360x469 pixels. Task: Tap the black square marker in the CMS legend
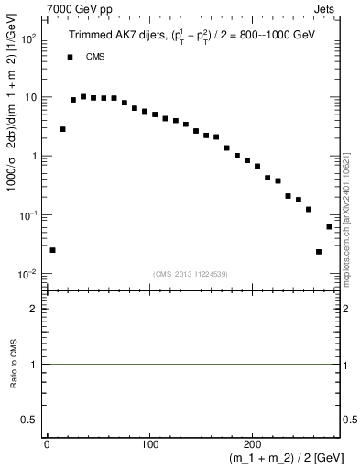69,57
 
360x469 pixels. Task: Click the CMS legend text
94,57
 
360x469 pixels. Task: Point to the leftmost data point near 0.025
52,250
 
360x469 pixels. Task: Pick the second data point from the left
62,129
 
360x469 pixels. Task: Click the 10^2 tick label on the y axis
28,39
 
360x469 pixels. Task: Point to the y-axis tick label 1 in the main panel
33,157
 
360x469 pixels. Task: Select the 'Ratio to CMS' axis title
13,365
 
